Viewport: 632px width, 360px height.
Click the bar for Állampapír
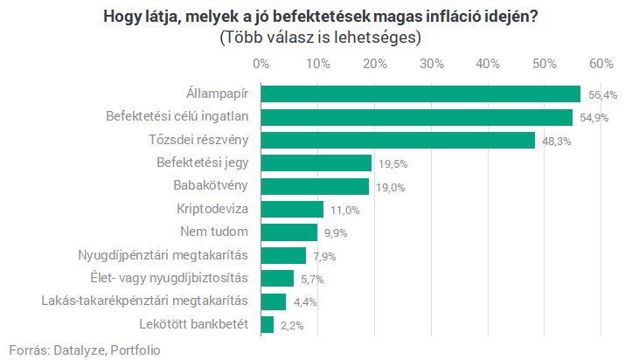pos(420,94)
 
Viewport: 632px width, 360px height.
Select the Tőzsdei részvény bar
pos(398,140)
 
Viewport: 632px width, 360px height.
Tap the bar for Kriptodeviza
pos(292,209)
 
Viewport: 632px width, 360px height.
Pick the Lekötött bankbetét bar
pos(267,324)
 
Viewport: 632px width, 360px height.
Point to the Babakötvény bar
pos(315,186)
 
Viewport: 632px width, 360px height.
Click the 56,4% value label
pos(602,95)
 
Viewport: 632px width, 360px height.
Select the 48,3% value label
pos(556,141)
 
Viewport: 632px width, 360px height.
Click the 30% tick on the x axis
pos(431,64)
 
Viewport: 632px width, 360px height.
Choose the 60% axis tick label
pos(601,64)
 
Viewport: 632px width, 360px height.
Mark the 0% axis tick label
pos(260,64)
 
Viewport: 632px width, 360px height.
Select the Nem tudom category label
pos(214,232)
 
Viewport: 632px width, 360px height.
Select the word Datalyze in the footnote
pos(79,349)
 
